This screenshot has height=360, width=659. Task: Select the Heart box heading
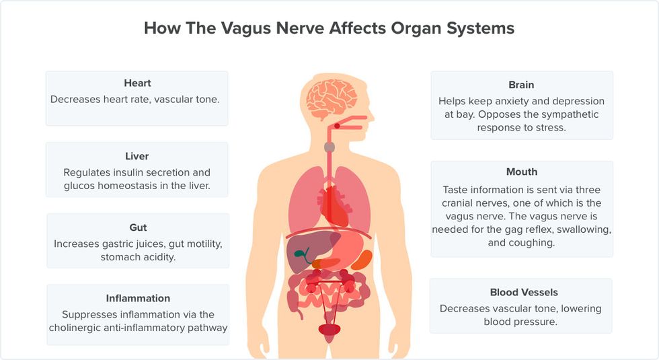pos(137,83)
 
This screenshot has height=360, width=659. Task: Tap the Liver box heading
pos(137,156)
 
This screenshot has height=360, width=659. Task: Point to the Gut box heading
pos(138,227)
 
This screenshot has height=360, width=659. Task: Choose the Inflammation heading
pos(138,298)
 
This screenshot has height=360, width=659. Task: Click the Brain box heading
pos(521,85)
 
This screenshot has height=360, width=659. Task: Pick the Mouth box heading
pos(522,172)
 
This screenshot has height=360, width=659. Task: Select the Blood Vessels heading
pos(524,292)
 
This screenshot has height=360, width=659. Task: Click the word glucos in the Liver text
pos(79,186)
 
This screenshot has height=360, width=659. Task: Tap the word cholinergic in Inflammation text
pos(75,328)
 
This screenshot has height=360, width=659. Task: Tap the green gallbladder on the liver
pos(302,254)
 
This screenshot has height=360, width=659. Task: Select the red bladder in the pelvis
pos(329,329)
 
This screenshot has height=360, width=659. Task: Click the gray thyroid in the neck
pos(329,147)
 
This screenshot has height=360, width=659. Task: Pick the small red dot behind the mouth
pos(337,127)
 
